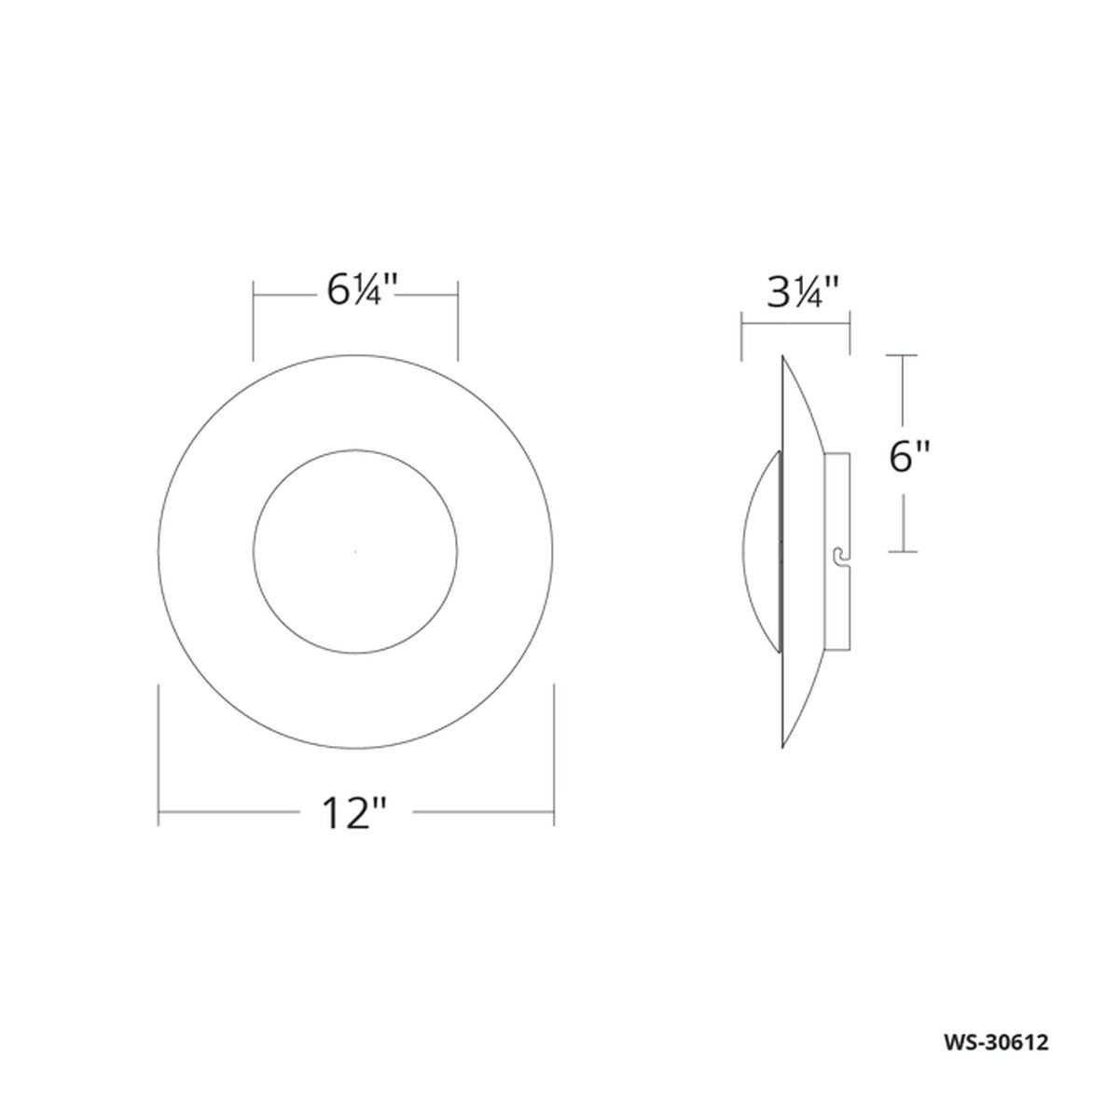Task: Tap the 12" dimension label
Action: point(354,813)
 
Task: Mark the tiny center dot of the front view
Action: point(355,552)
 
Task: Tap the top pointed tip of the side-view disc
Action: point(782,357)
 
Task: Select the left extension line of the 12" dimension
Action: point(159,755)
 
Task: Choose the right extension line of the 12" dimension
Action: point(554,755)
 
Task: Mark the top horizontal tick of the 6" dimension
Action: point(902,355)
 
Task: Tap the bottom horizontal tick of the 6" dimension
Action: point(902,552)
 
